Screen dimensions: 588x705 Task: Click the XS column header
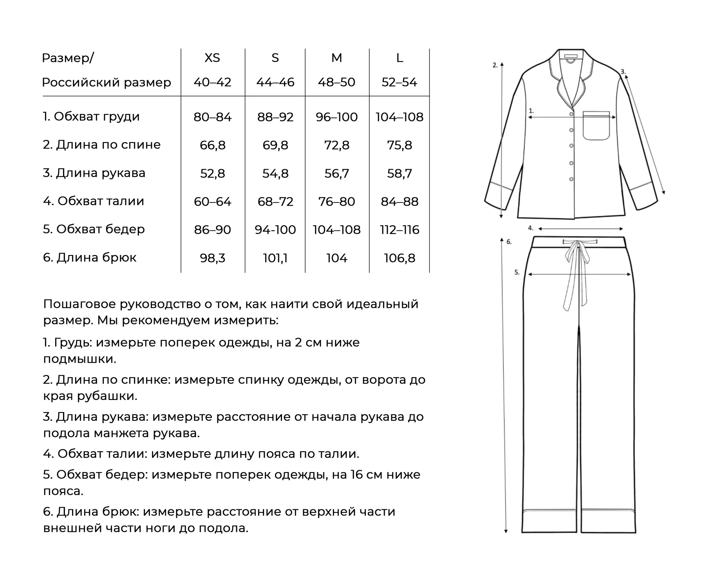(x=212, y=58)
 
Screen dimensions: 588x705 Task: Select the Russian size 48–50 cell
(x=336, y=82)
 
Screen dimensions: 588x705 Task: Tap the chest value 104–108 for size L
(x=399, y=117)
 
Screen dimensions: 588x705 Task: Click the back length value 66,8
(x=212, y=145)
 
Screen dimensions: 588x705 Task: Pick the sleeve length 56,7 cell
(x=336, y=173)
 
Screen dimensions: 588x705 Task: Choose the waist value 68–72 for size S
(x=275, y=201)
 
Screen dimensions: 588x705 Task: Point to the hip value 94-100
(x=275, y=230)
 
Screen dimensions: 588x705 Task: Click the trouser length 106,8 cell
(x=399, y=258)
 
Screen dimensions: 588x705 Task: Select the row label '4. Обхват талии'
(x=94, y=201)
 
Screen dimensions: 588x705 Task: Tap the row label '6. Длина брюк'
(x=90, y=257)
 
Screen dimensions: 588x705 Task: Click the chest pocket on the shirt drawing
(x=596, y=126)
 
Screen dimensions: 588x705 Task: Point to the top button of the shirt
(x=571, y=114)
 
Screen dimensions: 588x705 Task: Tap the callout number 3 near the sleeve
(x=623, y=72)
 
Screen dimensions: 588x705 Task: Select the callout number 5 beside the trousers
(x=517, y=272)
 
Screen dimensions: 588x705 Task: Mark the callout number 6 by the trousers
(x=509, y=242)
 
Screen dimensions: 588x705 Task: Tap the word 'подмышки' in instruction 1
(x=79, y=359)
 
